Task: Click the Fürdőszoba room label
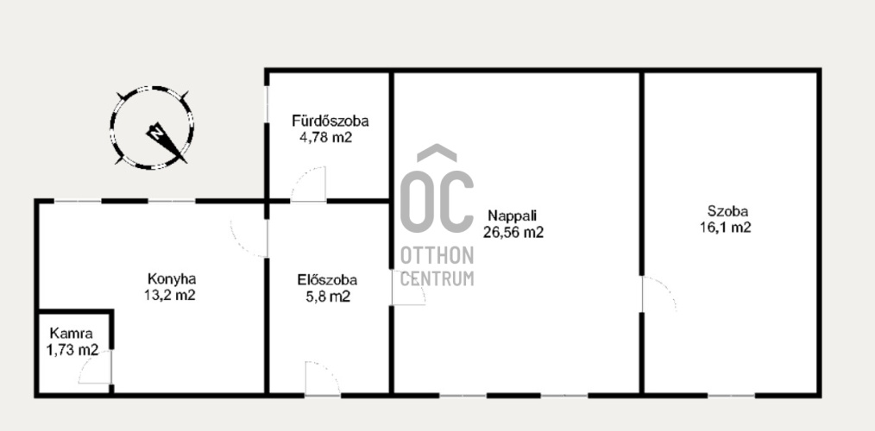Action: click(330, 121)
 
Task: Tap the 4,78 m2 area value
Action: click(326, 137)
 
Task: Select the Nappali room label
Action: click(513, 215)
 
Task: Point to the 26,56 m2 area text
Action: click(513, 233)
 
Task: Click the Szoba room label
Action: click(727, 211)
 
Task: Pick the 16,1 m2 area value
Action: click(726, 228)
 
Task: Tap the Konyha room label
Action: click(172, 278)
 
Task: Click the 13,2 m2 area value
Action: click(170, 295)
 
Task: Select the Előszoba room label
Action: click(327, 280)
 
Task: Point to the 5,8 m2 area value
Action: click(327, 297)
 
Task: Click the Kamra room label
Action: click(72, 334)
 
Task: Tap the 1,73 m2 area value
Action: click(72, 350)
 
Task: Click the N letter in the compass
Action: click(157, 133)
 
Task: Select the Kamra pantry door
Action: click(96, 367)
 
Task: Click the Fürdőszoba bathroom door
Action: click(308, 184)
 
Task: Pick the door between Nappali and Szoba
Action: click(658, 294)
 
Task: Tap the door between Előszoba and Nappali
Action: click(408, 288)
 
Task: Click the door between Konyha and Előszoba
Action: click(249, 239)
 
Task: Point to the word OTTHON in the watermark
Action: click(437, 255)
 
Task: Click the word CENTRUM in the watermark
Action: click(437, 278)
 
